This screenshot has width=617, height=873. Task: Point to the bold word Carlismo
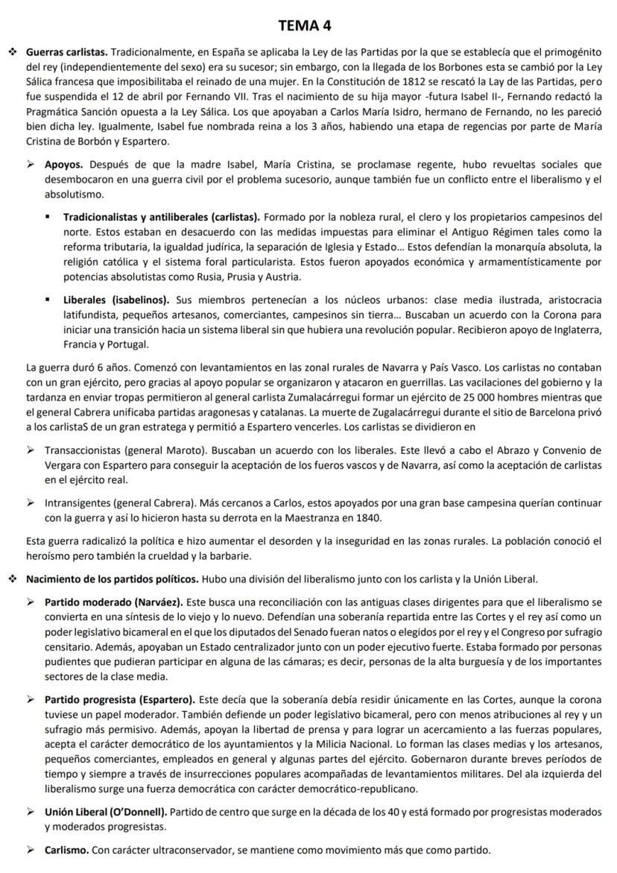(67, 849)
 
